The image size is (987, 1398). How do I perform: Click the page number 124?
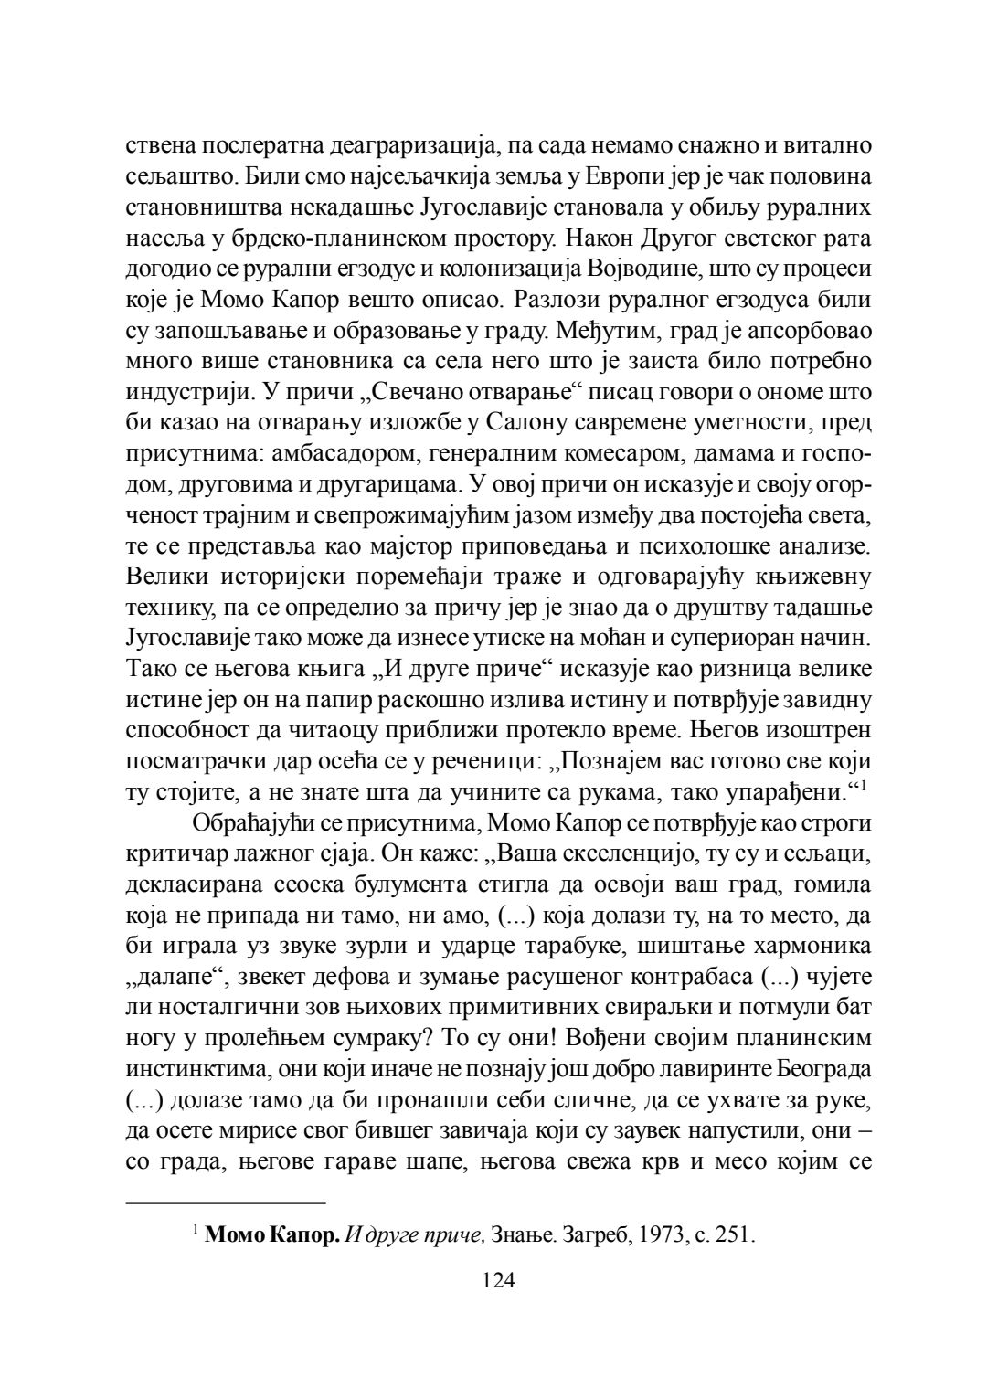[x=499, y=1280]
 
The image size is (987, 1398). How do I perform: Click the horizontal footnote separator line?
[x=226, y=1202]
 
